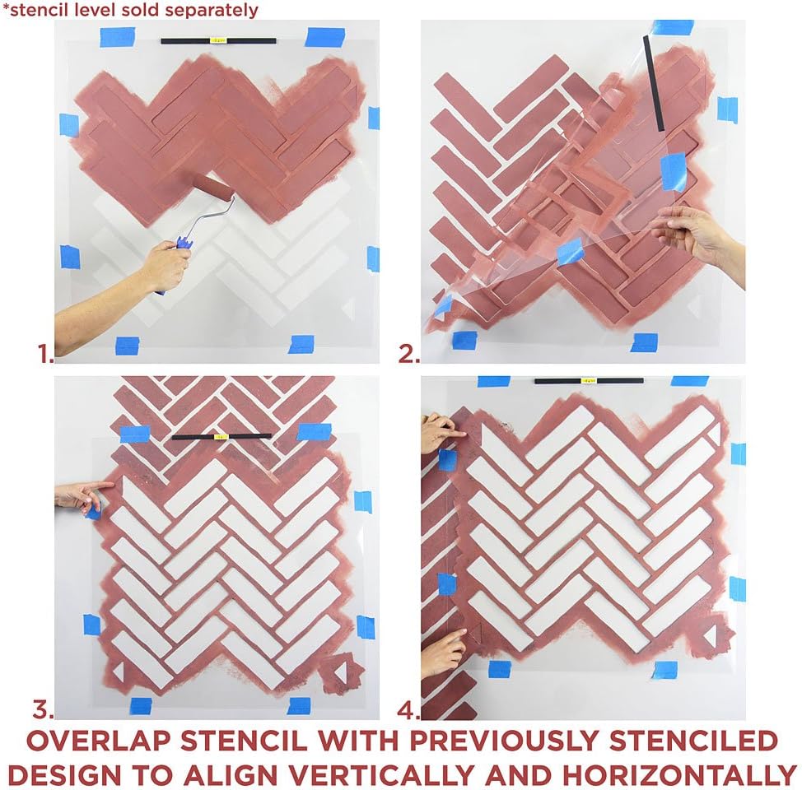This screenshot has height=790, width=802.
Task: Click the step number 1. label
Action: pyautogui.click(x=45, y=354)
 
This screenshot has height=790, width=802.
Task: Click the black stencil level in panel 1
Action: pyautogui.click(x=218, y=40)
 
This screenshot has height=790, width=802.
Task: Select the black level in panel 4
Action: pyautogui.click(x=588, y=381)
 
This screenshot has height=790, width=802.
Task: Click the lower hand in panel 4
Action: pyautogui.click(x=442, y=652)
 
